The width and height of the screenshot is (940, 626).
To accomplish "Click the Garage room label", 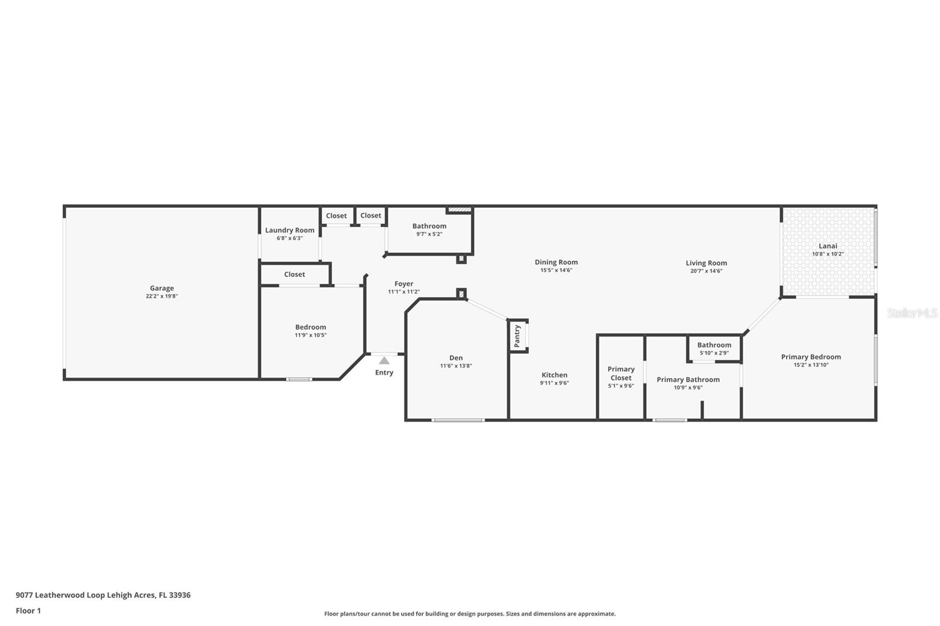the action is point(162,288).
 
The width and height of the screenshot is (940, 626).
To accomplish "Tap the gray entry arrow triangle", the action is point(384,361).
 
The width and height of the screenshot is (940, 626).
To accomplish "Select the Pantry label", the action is point(517,336).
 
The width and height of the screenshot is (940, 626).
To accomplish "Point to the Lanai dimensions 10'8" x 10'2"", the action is point(828,254).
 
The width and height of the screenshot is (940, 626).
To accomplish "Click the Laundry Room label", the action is point(290,230).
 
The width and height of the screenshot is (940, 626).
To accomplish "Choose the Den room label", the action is point(456,358).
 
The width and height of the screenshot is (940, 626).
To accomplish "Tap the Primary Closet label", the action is point(620,373).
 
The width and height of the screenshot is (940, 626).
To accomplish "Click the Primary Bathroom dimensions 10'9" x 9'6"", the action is point(688,388).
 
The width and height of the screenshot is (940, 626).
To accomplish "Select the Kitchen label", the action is point(555,375).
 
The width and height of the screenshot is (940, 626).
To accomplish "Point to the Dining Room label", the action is point(556,262).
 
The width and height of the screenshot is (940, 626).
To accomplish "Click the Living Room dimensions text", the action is point(706,271).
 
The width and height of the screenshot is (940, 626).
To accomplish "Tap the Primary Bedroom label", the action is point(811,357).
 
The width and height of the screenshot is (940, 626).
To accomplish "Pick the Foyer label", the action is point(404,284).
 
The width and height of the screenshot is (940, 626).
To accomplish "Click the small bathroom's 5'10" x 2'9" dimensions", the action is point(714,353).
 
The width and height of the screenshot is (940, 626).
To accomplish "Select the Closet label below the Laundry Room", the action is point(294,274).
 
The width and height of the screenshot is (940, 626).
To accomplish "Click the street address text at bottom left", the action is point(103,595).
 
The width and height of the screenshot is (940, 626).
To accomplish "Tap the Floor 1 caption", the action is point(28,611).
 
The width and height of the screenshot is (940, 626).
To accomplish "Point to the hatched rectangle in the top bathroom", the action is point(459,210).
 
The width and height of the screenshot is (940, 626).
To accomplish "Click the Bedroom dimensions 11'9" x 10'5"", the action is point(311,335).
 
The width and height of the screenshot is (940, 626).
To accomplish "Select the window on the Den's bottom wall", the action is point(458,420).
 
